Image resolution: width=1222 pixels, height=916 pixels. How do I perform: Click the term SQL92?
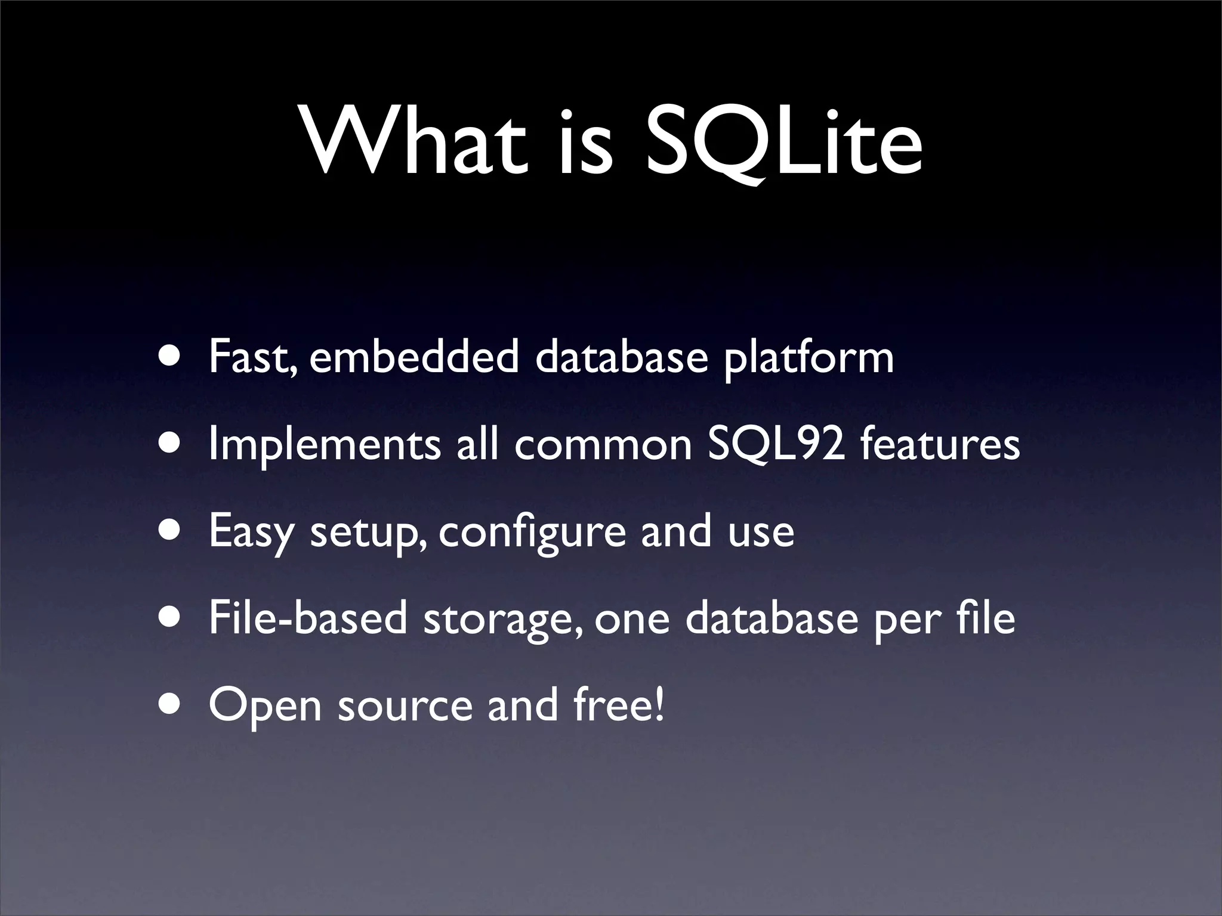pos(776,445)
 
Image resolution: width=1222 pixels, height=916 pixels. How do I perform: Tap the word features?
pos(940,445)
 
